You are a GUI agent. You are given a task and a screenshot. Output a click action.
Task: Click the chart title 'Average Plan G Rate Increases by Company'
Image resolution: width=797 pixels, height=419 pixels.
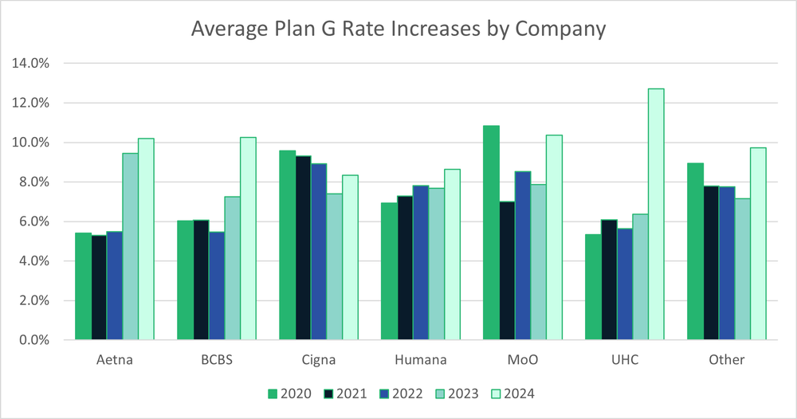[x=398, y=29]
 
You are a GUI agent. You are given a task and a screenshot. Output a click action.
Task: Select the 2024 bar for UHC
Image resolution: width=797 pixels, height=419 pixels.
[x=656, y=214]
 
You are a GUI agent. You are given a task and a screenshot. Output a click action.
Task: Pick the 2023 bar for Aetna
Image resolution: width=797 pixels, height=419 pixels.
[x=130, y=246]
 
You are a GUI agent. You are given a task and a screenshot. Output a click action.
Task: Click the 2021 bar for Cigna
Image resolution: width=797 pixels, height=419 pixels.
[x=303, y=248]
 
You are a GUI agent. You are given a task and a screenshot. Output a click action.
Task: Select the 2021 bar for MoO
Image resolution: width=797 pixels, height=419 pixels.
[x=507, y=271]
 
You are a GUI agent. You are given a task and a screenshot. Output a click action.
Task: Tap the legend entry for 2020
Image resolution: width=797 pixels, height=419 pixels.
[x=283, y=393]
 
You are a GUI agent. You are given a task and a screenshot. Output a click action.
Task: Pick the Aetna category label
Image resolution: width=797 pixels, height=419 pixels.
[x=114, y=360]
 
